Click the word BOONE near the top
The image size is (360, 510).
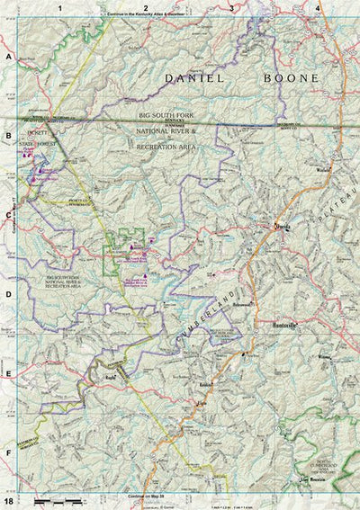pyautogui.click(x=291, y=79)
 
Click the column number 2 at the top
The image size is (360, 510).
pyautogui.click(x=145, y=7)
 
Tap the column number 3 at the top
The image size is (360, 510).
pyautogui.click(x=231, y=7)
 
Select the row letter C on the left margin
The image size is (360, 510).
pyautogui.click(x=8, y=215)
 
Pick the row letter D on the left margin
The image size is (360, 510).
pyautogui.click(x=8, y=294)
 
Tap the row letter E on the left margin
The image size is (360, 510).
pyautogui.click(x=8, y=374)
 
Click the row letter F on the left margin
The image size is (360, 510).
pyautogui.click(x=8, y=453)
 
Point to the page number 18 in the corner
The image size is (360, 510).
pyautogui.click(x=8, y=500)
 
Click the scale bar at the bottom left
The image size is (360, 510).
pyautogui.click(x=54, y=498)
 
